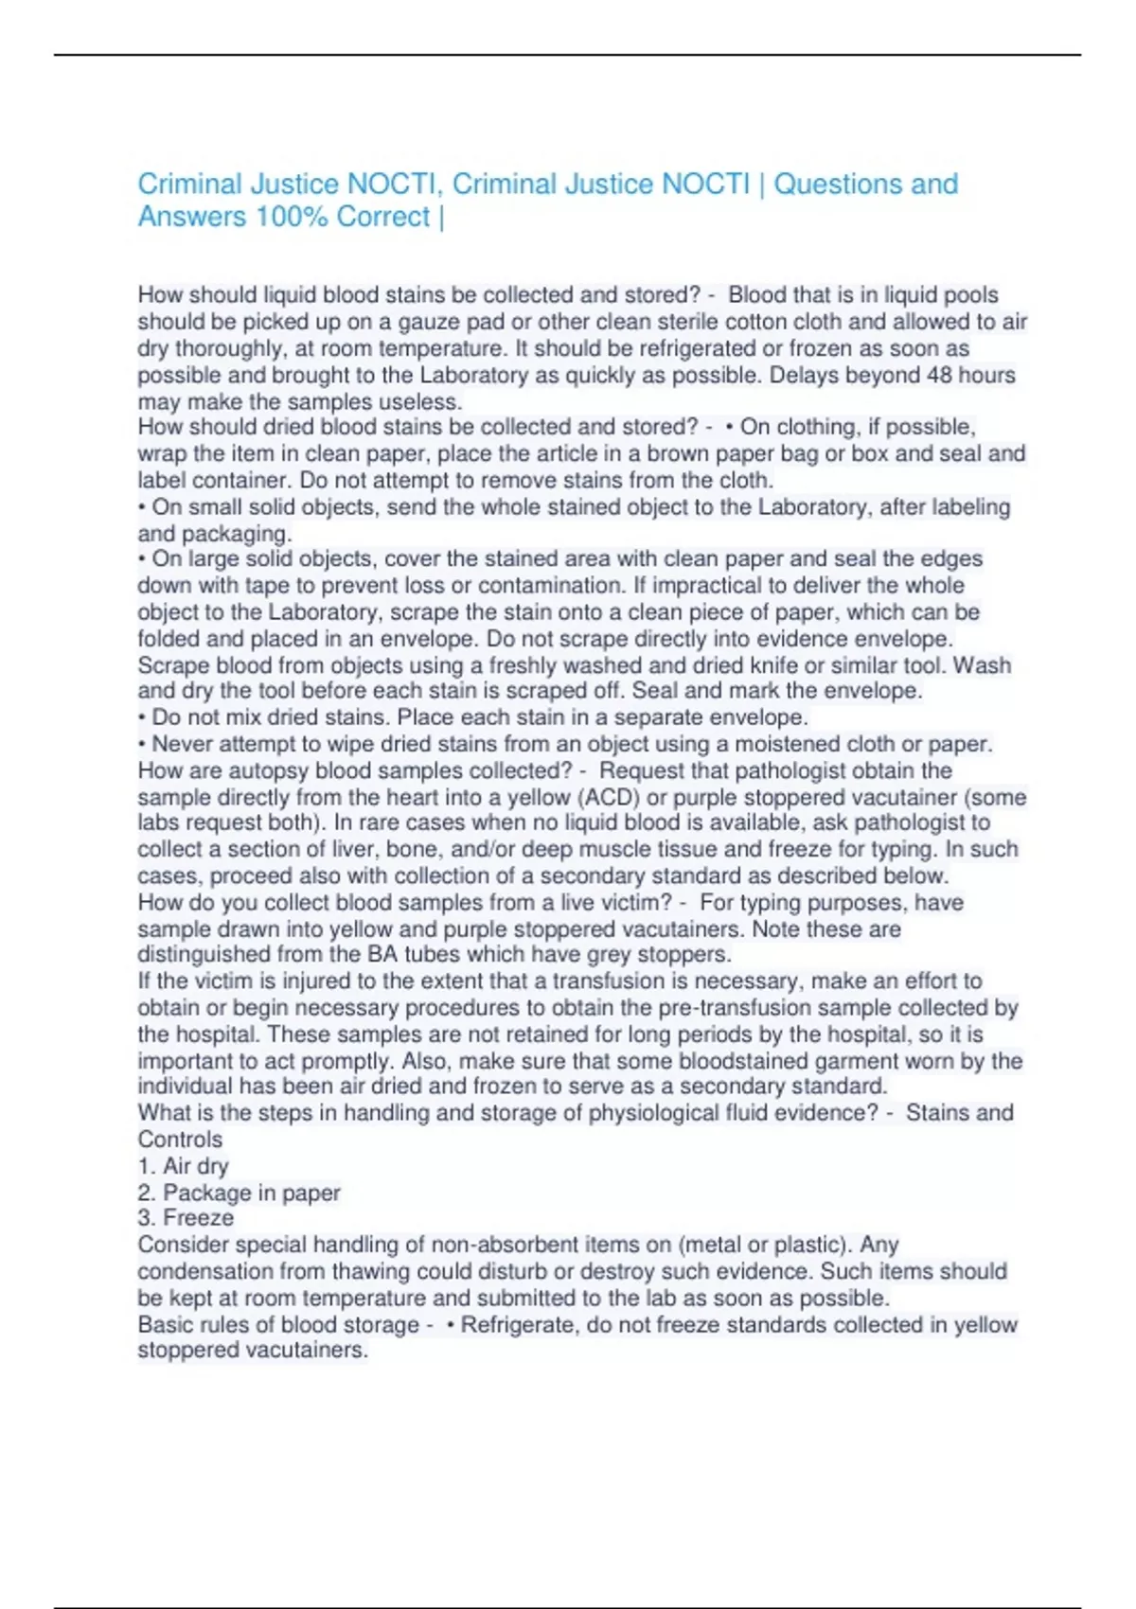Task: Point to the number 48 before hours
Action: coord(939,376)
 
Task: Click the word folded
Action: coord(169,639)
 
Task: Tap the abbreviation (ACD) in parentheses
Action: coord(610,797)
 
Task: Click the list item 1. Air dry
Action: coord(183,1166)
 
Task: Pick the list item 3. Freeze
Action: coord(186,1218)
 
